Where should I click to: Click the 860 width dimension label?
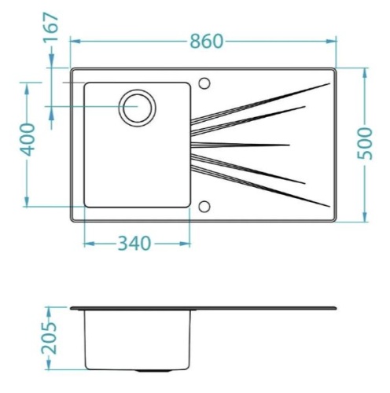(x=207, y=42)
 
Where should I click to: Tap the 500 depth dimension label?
(x=365, y=143)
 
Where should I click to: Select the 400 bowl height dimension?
(x=28, y=139)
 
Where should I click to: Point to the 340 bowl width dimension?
(x=134, y=244)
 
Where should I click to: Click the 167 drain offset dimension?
(x=50, y=27)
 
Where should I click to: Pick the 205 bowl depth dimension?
(x=49, y=338)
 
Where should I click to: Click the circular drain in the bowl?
(x=138, y=108)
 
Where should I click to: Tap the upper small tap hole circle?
(x=204, y=83)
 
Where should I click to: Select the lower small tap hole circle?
(x=204, y=207)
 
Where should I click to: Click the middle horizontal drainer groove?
(x=240, y=145)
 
